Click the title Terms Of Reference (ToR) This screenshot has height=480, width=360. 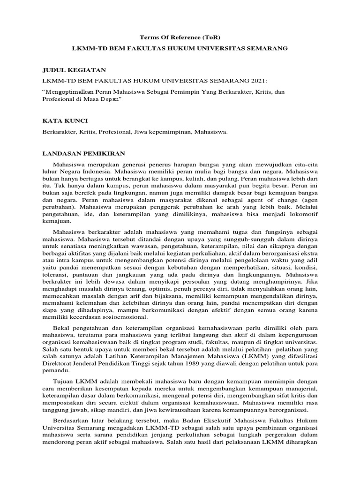pos(180,37)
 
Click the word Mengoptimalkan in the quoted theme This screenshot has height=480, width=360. pos(72,91)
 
